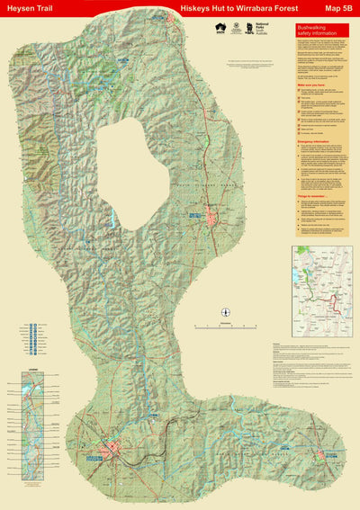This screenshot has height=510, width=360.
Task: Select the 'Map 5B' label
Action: (x=338, y=7)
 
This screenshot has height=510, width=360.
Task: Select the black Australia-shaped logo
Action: (x=219, y=29)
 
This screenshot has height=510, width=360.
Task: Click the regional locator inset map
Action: (x=323, y=285)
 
